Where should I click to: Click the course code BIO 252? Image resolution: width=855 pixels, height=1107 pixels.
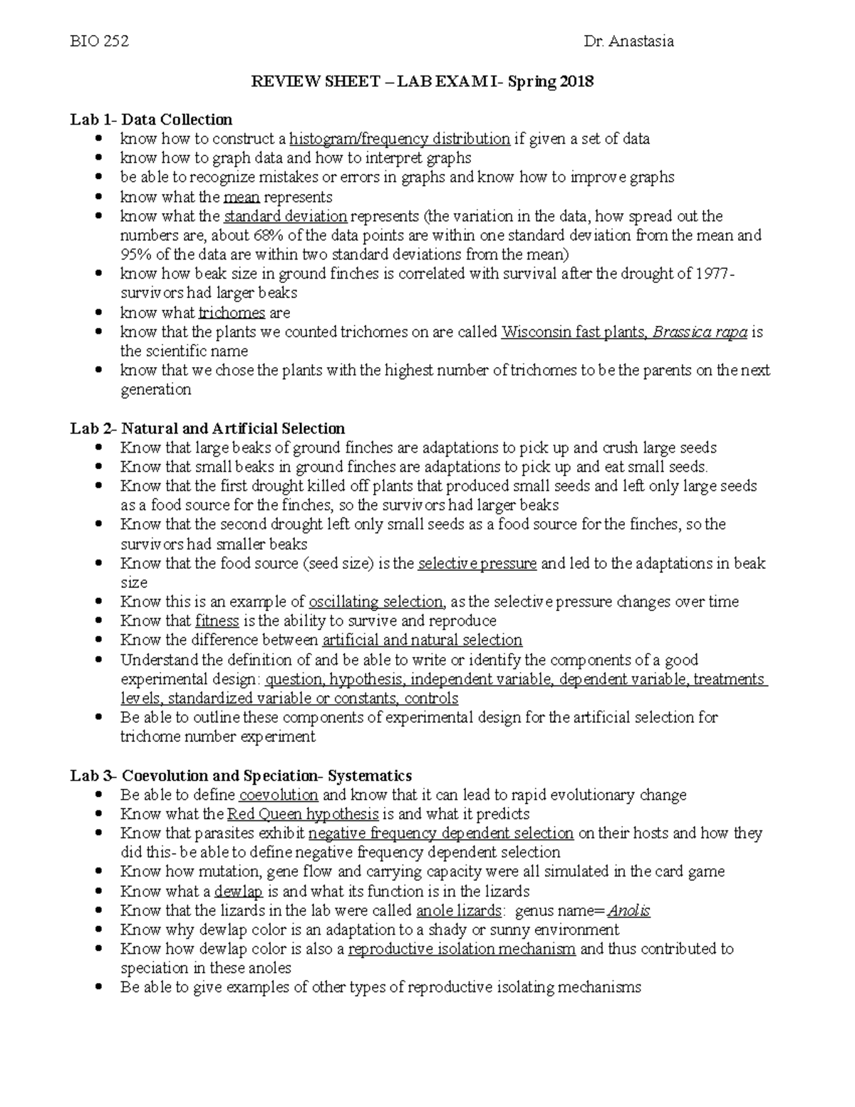99,41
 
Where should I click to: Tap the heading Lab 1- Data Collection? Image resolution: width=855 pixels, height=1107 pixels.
151,119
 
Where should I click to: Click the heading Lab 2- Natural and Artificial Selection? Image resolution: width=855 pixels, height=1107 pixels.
207,428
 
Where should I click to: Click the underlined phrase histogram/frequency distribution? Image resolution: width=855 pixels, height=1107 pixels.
399,138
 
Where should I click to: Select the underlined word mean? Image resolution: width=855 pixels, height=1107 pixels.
241,197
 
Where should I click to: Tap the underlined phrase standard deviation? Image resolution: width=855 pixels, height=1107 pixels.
285,216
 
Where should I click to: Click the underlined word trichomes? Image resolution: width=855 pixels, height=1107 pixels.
232,313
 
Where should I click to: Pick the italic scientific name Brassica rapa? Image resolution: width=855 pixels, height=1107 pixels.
700,332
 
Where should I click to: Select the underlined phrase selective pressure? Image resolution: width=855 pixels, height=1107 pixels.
477,564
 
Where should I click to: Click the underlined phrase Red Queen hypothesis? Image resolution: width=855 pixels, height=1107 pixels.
303,814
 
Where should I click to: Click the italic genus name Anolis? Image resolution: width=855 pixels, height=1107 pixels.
628,910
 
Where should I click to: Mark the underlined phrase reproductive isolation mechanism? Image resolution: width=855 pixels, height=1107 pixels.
462,949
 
